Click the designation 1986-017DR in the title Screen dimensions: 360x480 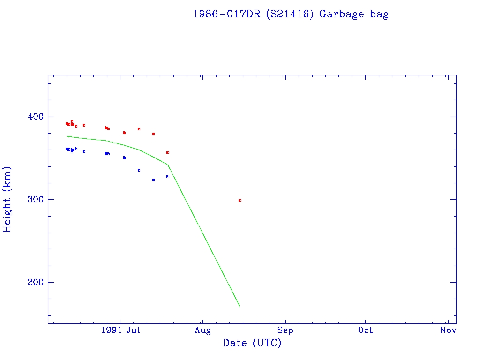click(x=227, y=14)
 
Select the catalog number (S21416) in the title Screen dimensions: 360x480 click(x=289, y=14)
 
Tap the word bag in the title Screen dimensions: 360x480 click(x=379, y=14)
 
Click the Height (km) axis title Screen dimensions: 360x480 click(x=7, y=199)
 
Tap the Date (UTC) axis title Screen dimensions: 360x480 click(x=252, y=344)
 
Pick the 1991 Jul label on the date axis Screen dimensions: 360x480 click(x=120, y=330)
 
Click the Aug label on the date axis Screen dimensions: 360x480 click(x=202, y=330)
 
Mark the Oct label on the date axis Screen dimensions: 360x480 click(x=366, y=330)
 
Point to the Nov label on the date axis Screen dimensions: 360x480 click(x=449, y=330)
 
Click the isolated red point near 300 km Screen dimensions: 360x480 click(x=240, y=200)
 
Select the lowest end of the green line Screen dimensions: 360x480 click(x=240, y=307)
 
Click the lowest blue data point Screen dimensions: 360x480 click(x=153, y=180)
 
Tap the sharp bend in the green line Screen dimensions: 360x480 click(x=168, y=165)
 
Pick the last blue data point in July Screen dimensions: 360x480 click(x=168, y=177)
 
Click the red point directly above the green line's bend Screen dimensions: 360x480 click(x=168, y=152)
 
